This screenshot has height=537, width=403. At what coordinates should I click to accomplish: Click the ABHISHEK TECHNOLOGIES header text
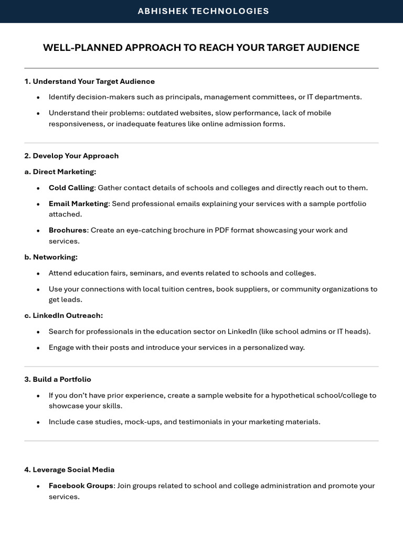[203, 11]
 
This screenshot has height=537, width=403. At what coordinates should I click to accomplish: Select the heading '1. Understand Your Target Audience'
[89, 81]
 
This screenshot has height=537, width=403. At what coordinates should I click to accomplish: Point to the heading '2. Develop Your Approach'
[71, 156]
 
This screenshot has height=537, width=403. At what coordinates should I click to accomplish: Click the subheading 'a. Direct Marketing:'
[60, 171]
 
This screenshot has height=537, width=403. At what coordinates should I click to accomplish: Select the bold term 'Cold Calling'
[71, 188]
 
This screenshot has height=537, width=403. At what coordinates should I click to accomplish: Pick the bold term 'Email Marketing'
[78, 203]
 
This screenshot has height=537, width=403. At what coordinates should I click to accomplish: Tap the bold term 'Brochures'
[68, 230]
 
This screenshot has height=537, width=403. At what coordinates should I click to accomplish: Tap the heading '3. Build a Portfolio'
[58, 379]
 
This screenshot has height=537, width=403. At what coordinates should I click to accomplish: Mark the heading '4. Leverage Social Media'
[69, 469]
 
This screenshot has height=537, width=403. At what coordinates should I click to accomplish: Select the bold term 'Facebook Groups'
[81, 486]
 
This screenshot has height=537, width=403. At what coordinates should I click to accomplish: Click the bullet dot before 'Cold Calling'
[38, 188]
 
